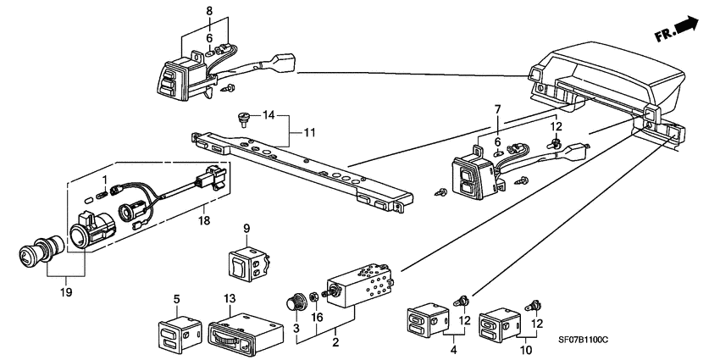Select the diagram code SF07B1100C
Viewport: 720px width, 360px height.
click(583, 341)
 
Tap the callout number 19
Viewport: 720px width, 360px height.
click(66, 292)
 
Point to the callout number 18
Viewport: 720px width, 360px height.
click(204, 221)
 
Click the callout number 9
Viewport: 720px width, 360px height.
click(246, 228)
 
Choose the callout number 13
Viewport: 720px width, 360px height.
click(230, 299)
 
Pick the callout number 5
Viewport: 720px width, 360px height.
click(177, 299)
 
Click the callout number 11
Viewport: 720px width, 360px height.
click(309, 133)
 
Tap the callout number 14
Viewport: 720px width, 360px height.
click(269, 115)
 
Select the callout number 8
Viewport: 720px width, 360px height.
click(209, 10)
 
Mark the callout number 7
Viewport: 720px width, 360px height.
click(497, 110)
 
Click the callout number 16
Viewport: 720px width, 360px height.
click(317, 318)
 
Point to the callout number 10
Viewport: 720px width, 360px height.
click(526, 351)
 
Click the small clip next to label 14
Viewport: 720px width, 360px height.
click(242, 119)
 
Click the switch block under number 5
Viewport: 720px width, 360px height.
click(180, 334)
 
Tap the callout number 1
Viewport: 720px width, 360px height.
click(104, 179)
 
